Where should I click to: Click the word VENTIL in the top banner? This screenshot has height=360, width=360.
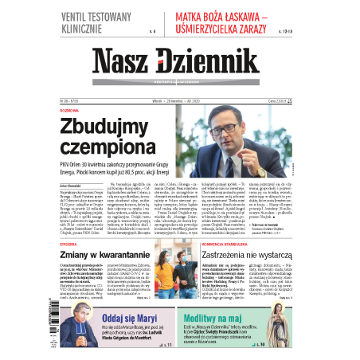point(80,17)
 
